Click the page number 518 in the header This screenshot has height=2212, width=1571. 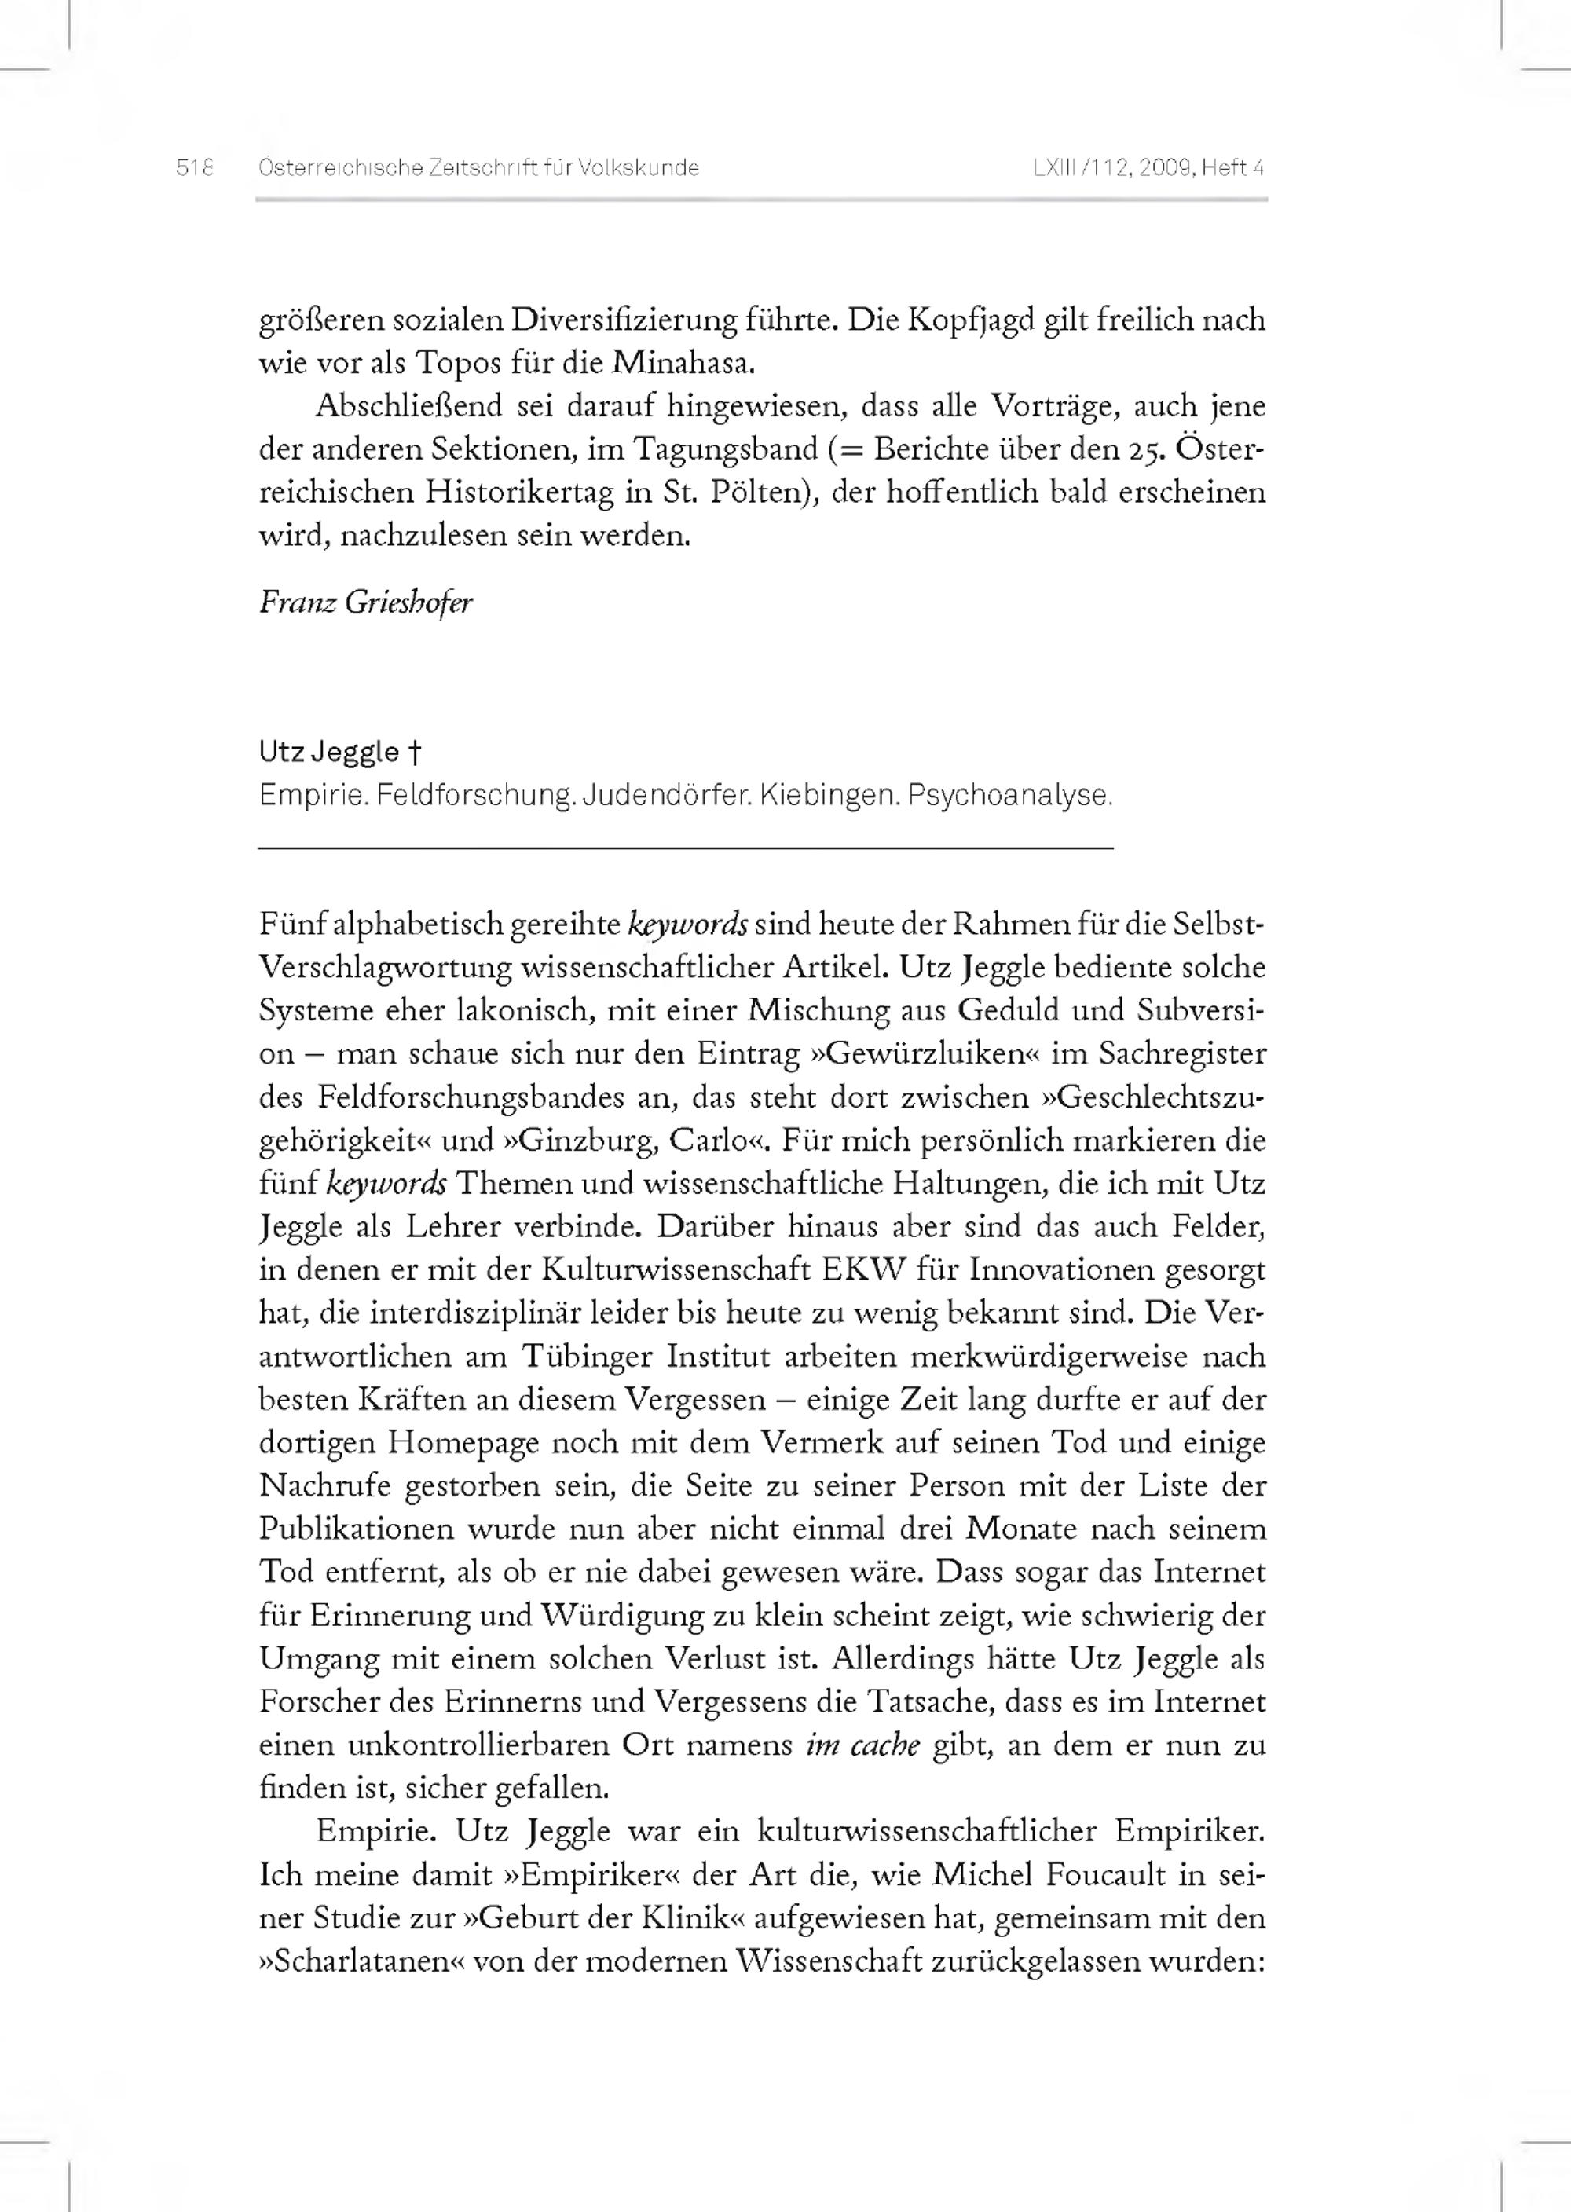[x=193, y=168]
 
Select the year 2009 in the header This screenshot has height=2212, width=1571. [x=1166, y=168]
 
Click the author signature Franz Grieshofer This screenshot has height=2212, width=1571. [x=366, y=602]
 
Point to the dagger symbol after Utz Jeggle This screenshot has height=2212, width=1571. [x=413, y=752]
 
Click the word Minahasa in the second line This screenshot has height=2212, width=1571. [x=683, y=363]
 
